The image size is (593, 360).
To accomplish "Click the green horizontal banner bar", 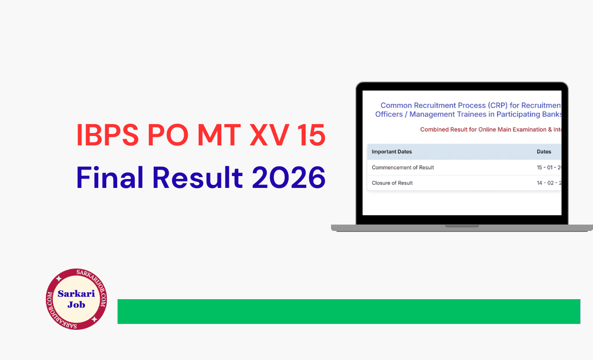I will (348, 312).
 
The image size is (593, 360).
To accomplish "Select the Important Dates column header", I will (392, 152).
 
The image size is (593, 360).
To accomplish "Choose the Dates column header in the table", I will (544, 152).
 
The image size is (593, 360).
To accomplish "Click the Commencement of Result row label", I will (403, 168).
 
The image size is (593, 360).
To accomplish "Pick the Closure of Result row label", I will (392, 183).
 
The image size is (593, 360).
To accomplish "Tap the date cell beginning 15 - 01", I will (549, 168).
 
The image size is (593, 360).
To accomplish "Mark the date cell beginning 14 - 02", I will (549, 183).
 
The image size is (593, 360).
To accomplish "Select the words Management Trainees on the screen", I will (466, 115).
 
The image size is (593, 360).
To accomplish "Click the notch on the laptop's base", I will (462, 226).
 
